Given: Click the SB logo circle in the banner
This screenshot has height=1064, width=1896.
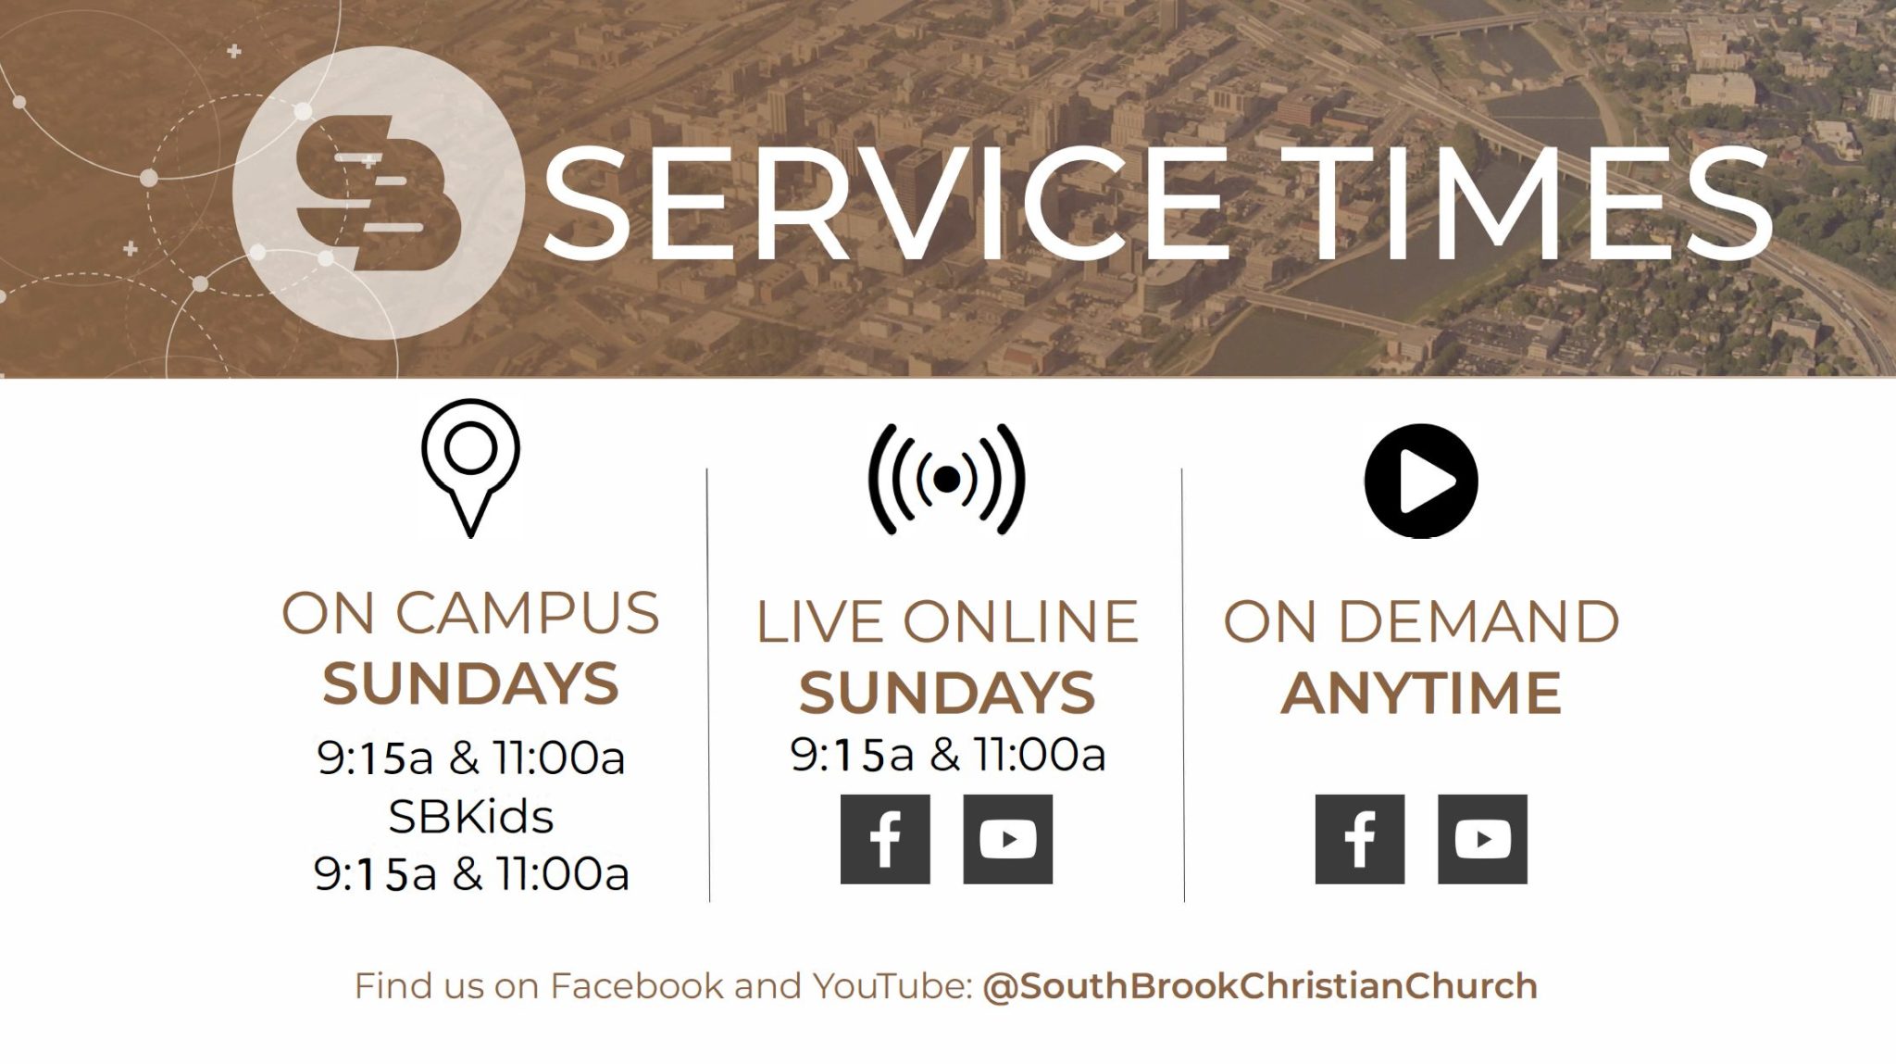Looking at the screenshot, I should [374, 189].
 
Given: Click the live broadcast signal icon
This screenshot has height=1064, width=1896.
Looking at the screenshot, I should [946, 479].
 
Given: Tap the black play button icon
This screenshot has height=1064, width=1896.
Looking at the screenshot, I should [1421, 481].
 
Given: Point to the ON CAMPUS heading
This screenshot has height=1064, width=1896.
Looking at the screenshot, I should [470, 613].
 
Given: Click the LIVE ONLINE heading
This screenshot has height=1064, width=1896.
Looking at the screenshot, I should [946, 621].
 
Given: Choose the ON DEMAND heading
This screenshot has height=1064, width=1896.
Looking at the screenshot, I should [1421, 621].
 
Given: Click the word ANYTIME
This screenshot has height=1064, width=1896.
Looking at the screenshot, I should [1421, 694].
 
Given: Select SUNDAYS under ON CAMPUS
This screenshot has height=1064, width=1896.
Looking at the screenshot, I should [470, 683].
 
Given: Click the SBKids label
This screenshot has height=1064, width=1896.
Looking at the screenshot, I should [470, 817].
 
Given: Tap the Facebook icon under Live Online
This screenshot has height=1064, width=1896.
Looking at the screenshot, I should [885, 839].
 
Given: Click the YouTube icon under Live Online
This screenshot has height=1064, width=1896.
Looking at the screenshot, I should [1007, 839].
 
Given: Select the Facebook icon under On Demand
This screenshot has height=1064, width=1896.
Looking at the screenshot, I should [1359, 839].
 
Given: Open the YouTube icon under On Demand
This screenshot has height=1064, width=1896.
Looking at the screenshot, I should [1482, 839].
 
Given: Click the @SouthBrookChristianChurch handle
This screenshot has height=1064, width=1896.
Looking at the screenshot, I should [1259, 986].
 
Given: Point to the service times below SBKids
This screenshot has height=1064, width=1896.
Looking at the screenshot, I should [470, 874].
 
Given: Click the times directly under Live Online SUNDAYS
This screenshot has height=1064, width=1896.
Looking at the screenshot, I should [946, 756].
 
